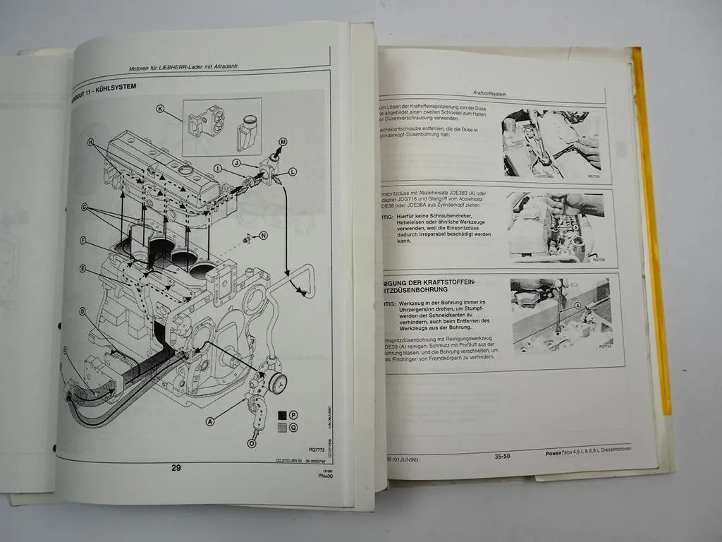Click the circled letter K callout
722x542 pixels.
[160, 109]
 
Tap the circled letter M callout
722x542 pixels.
[283, 142]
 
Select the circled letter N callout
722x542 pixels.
[264, 236]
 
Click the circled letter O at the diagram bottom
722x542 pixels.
[252, 443]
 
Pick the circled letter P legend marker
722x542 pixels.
[294, 416]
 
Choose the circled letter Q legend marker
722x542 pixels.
[294, 428]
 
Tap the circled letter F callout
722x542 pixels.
[83, 241]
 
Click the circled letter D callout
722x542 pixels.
[82, 311]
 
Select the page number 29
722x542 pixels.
[176, 467]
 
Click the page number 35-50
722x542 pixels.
[502, 457]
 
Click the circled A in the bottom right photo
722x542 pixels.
[578, 306]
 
